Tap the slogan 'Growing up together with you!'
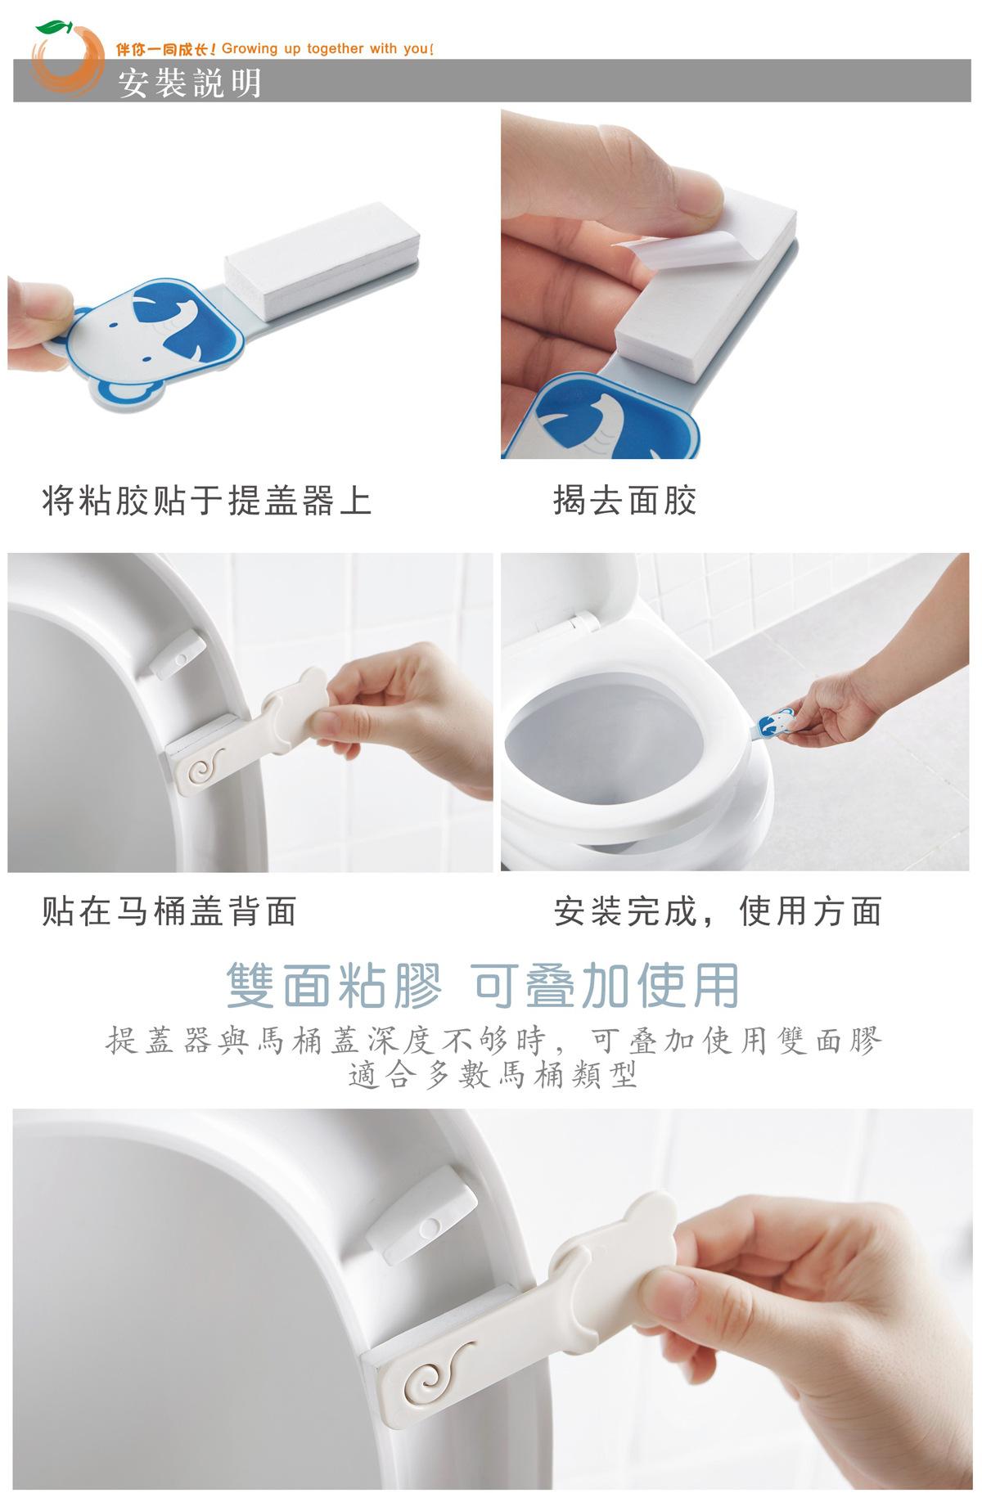point(327,49)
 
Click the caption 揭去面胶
point(625,501)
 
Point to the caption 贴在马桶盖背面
point(169,911)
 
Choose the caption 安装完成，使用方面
point(718,911)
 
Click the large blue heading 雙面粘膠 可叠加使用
point(484,985)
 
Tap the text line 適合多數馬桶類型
point(493,1073)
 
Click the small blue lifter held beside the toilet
point(774,722)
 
